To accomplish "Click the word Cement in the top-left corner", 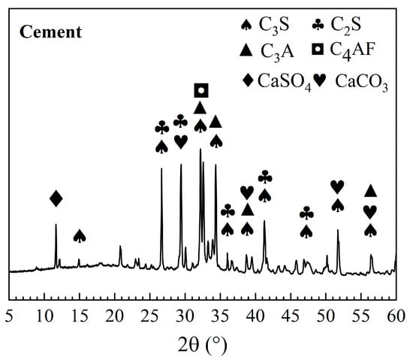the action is [50, 32].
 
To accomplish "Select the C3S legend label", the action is [274, 25].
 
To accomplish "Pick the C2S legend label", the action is [345, 25].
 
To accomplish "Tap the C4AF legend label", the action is [352, 50].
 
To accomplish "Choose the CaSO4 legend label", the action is [285, 81].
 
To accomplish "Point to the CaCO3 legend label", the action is [362, 82].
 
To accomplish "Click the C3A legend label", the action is [277, 52].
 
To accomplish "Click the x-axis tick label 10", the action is [44, 316].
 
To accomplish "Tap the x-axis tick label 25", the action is [150, 316].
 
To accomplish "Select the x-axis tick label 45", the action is [291, 316].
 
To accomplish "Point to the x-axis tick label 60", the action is [396, 316].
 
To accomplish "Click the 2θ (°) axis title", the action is [202, 345].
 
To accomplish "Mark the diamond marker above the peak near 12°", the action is [56, 198].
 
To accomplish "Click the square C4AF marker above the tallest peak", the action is [201, 91].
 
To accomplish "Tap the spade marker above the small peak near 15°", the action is [80, 236].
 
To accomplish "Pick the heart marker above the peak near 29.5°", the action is [181, 142].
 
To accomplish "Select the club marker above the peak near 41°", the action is [265, 177].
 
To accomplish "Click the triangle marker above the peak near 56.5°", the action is [371, 191].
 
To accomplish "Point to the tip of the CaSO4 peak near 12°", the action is [56, 224].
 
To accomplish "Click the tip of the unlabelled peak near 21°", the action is [120, 246].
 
